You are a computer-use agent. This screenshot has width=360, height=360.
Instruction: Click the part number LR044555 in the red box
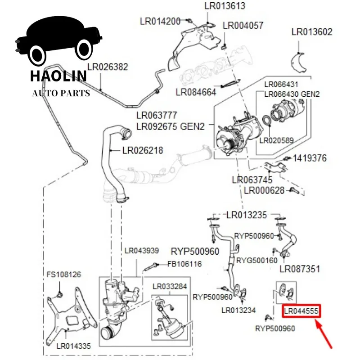[x=301, y=311]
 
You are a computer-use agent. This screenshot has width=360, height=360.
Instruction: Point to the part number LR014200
[x=160, y=21]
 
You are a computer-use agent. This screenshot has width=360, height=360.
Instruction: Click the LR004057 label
[x=243, y=26]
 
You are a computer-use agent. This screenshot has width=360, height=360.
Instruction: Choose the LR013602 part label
[x=312, y=32]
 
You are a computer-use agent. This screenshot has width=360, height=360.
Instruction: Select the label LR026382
[x=108, y=67]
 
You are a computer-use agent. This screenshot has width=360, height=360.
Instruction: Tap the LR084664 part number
[x=196, y=92]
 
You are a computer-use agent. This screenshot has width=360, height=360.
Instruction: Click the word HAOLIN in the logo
[x=58, y=76]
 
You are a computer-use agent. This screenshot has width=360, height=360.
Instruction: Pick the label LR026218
[x=143, y=150]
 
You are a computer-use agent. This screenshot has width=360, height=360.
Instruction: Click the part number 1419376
[x=310, y=158]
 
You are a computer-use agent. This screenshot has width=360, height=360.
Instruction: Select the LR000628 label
[x=264, y=190]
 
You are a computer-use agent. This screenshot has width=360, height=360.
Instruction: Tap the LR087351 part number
[x=300, y=269]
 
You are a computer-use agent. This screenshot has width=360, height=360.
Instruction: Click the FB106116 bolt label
[x=184, y=264]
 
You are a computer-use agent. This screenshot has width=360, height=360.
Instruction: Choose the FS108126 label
[x=64, y=274]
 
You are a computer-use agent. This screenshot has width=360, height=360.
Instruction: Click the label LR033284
[x=169, y=287]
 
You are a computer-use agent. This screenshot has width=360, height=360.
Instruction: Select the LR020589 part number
[x=277, y=140]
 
